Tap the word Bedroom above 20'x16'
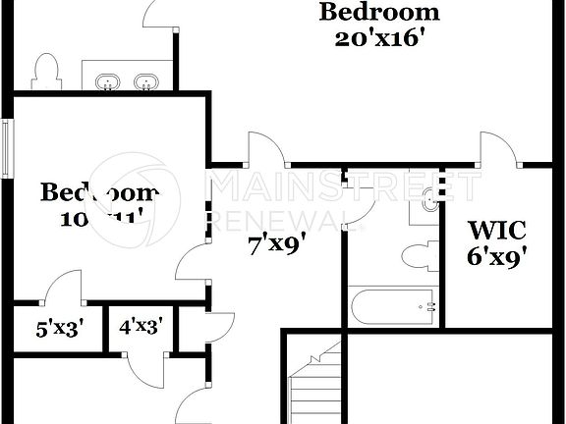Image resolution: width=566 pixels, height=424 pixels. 379,13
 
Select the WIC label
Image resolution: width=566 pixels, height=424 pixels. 497,233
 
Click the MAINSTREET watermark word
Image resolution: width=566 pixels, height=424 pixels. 344,185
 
